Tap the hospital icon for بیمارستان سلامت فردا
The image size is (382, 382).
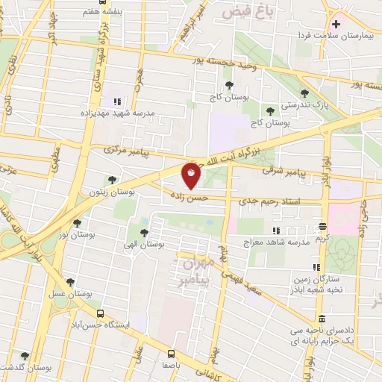point(336,24)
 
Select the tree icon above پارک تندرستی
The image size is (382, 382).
point(304,93)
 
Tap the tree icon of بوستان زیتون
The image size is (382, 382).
point(111,180)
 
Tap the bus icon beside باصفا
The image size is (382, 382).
point(171,354)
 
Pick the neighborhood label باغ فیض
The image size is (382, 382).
point(245,10)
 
